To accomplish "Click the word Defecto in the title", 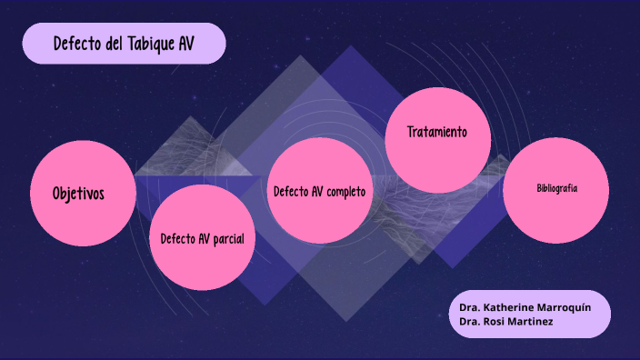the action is [x=77, y=44].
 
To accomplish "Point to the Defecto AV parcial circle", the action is [x=201, y=237].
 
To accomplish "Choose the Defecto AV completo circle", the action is [x=319, y=191].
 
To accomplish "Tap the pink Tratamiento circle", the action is [x=437, y=139].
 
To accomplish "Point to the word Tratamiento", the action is [x=437, y=132].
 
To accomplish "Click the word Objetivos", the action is [x=78, y=194].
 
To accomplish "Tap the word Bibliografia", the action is [x=557, y=188].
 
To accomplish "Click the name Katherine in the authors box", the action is [x=513, y=307].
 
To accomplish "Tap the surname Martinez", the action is [x=535, y=322].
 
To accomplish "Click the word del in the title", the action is [x=115, y=44].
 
